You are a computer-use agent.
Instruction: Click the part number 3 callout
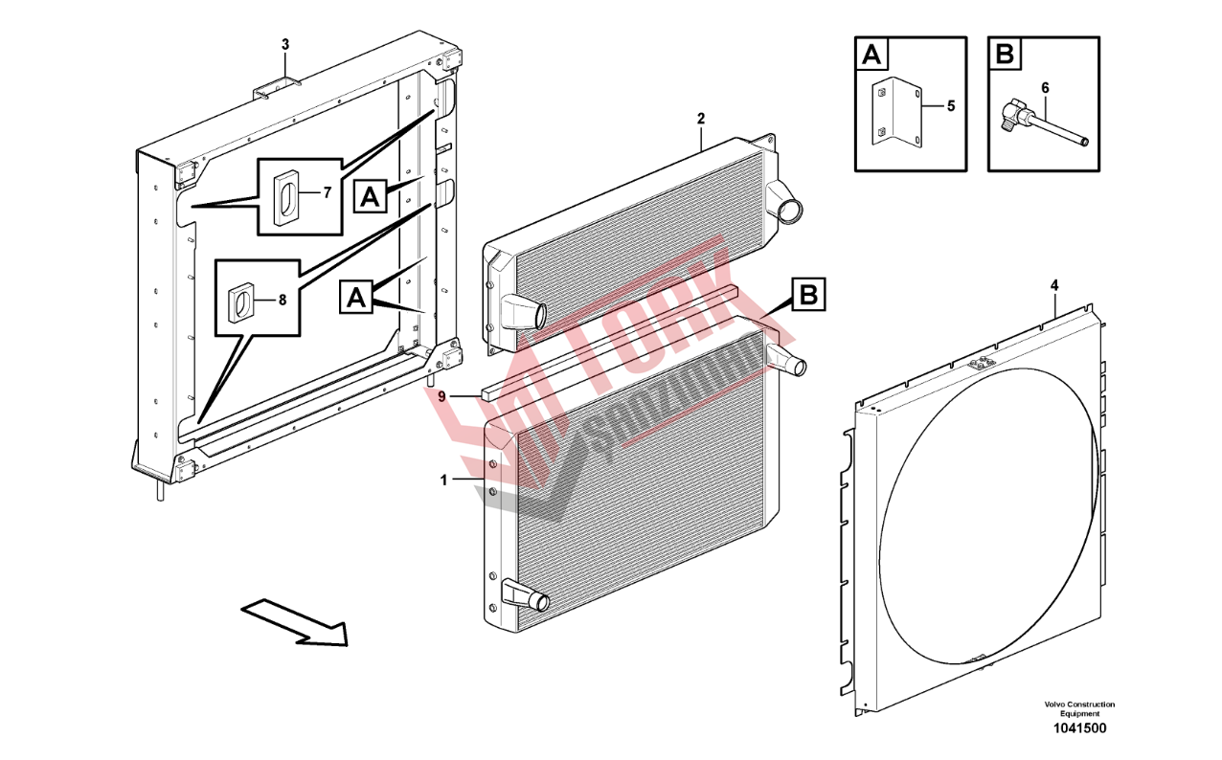click(x=284, y=44)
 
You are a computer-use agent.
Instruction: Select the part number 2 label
click(x=700, y=119)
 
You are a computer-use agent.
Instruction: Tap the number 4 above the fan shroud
click(x=1054, y=285)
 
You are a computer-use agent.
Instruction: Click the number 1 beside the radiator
click(x=444, y=481)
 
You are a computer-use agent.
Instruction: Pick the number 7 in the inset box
click(x=326, y=192)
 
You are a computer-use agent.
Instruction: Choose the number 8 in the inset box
click(x=282, y=299)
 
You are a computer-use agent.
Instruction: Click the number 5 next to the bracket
click(x=950, y=106)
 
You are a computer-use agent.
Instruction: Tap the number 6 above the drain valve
click(x=1045, y=88)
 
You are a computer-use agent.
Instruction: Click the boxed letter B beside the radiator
click(x=808, y=295)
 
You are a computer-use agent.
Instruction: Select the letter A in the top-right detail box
click(x=871, y=54)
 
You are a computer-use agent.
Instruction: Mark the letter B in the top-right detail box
click(x=1005, y=54)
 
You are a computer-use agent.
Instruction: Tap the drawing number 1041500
click(x=1079, y=728)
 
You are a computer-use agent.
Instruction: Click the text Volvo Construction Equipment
click(x=1079, y=708)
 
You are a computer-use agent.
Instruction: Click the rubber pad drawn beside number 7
click(x=285, y=198)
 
